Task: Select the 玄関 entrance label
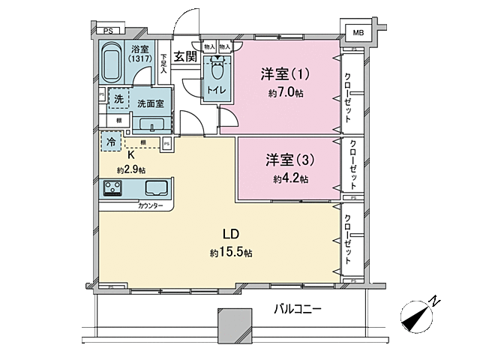click(x=185, y=56)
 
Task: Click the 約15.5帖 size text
click(x=230, y=253)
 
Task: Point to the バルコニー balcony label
click(x=298, y=308)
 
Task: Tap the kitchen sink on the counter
click(x=157, y=187)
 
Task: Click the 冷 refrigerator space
click(x=110, y=141)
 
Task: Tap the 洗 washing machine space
click(x=118, y=98)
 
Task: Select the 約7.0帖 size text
click(x=286, y=93)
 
